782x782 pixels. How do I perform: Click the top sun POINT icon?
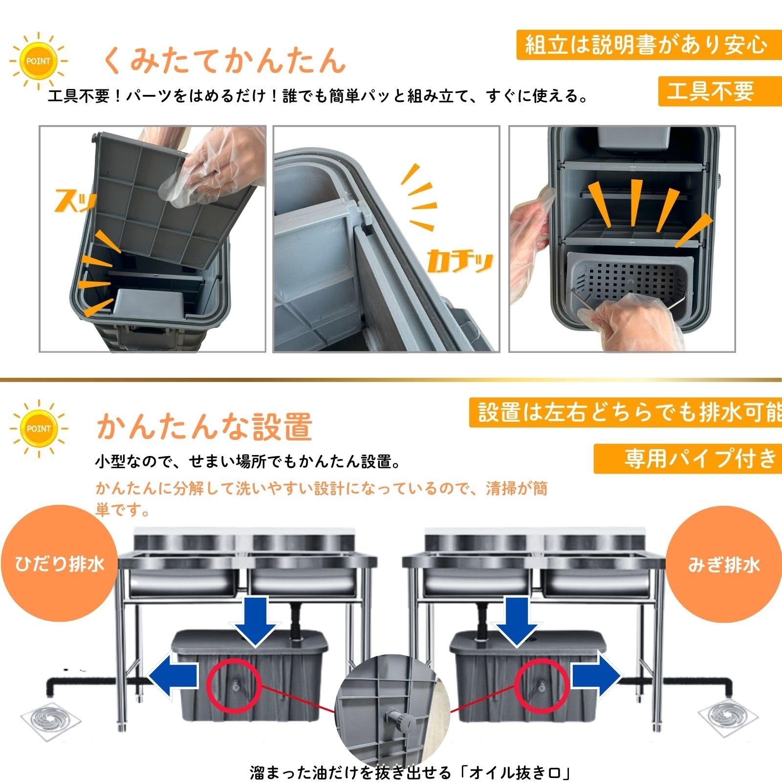point(38,62)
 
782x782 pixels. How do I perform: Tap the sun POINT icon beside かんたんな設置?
point(38,429)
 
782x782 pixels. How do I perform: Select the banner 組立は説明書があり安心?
point(648,45)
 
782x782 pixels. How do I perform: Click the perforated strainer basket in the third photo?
point(630,281)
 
